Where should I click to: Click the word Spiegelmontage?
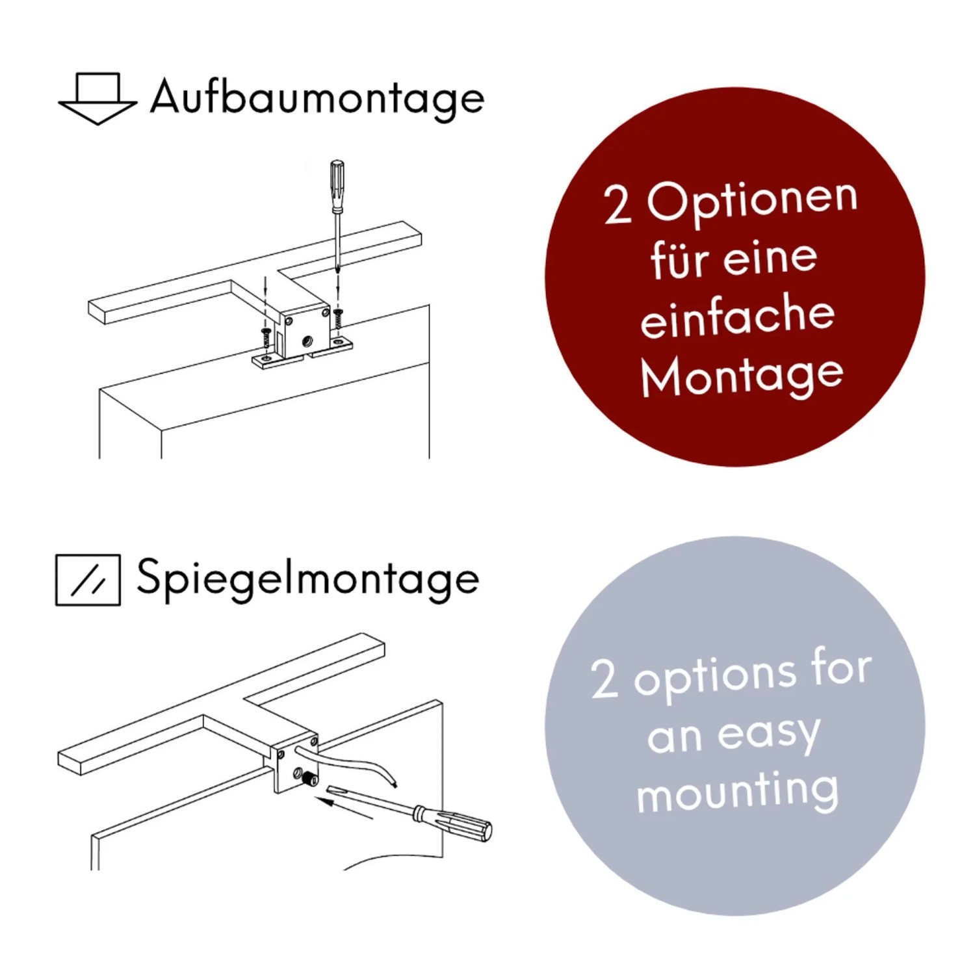pos(307,579)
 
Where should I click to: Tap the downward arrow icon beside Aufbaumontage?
pos(97,98)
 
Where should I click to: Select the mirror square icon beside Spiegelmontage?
pos(88,580)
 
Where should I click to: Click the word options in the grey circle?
pos(715,677)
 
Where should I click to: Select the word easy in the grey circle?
pos(768,734)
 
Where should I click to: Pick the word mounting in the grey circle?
pos(737,791)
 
